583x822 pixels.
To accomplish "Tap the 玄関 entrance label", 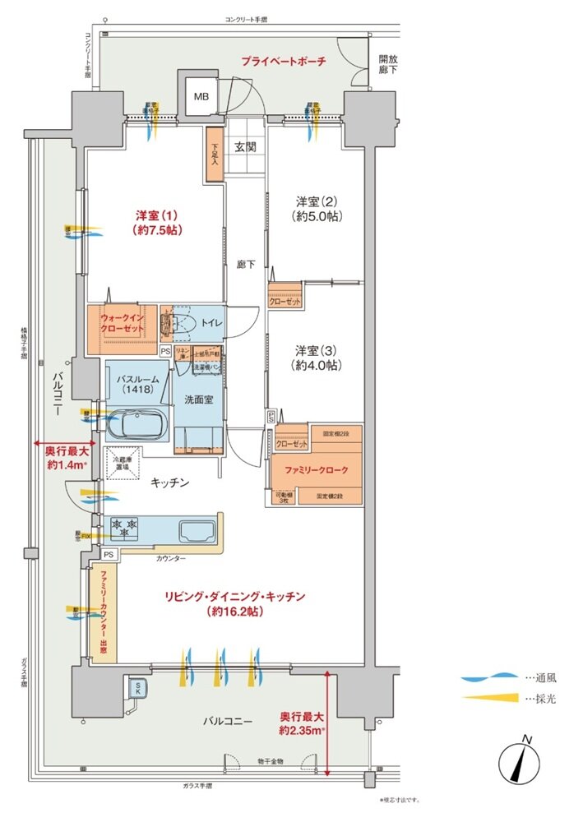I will pos(245,148).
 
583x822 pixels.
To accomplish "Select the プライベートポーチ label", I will pos(284,62).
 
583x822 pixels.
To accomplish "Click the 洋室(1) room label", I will pos(156,223).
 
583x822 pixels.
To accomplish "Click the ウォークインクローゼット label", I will pos(123,323).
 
